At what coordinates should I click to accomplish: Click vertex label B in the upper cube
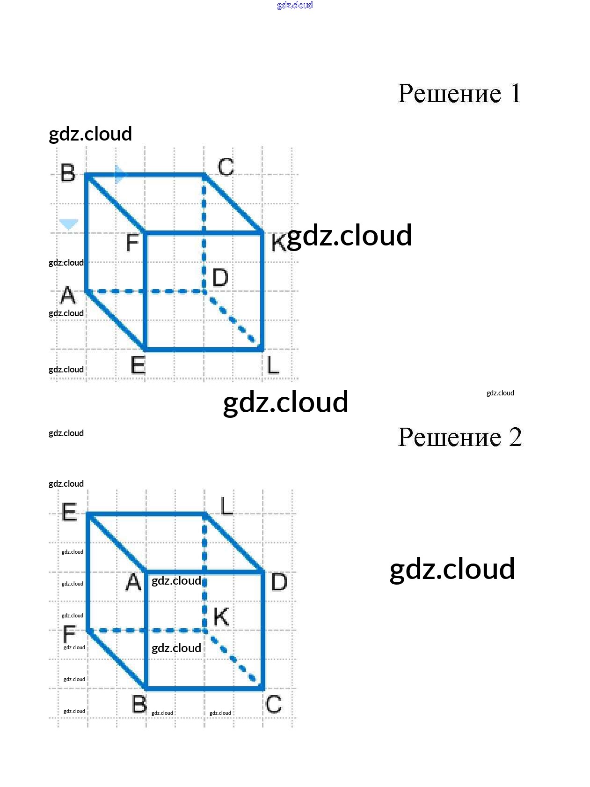(68, 173)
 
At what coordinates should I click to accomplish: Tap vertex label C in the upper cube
(226, 167)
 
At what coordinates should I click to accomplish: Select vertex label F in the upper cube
(132, 243)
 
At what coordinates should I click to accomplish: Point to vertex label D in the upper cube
(220, 277)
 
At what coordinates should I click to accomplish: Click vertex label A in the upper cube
(68, 296)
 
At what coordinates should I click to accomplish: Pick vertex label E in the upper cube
(138, 365)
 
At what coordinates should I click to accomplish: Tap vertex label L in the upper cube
(273, 365)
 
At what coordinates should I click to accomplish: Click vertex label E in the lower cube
(69, 512)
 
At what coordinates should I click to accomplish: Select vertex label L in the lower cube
(226, 506)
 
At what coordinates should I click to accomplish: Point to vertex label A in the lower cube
(133, 582)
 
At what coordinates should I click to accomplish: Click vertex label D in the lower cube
(279, 582)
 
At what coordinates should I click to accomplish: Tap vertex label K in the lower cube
(221, 617)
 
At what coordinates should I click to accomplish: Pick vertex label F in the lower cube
(69, 635)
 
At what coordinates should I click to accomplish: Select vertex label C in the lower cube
(274, 704)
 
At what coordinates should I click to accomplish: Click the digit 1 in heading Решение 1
(515, 93)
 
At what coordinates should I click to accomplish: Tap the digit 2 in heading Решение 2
(515, 437)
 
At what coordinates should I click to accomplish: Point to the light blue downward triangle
(69, 224)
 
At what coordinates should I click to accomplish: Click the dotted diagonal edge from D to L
(233, 320)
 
